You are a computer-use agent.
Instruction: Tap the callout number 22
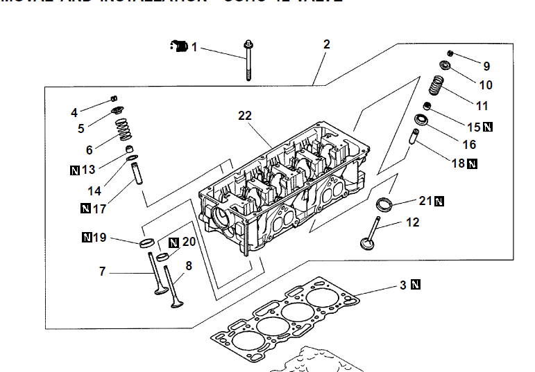click(244, 116)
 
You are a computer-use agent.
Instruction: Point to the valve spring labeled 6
click(122, 128)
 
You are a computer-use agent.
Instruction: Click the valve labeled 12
click(370, 233)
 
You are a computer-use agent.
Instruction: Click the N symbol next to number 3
click(416, 285)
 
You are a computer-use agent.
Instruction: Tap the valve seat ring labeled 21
click(384, 204)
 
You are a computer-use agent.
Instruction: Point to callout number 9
click(486, 67)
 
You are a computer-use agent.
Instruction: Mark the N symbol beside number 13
click(75, 170)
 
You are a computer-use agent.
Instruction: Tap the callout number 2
click(327, 44)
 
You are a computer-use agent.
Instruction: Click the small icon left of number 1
click(179, 46)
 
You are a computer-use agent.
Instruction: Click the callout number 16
click(469, 145)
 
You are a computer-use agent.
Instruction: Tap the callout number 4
click(74, 112)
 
